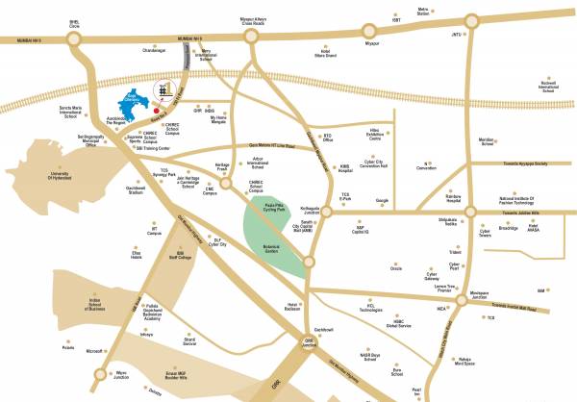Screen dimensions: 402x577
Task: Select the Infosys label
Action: click(146, 336)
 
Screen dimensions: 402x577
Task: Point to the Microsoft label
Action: click(94, 352)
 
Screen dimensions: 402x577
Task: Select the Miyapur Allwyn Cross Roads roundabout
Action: click(253, 38)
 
